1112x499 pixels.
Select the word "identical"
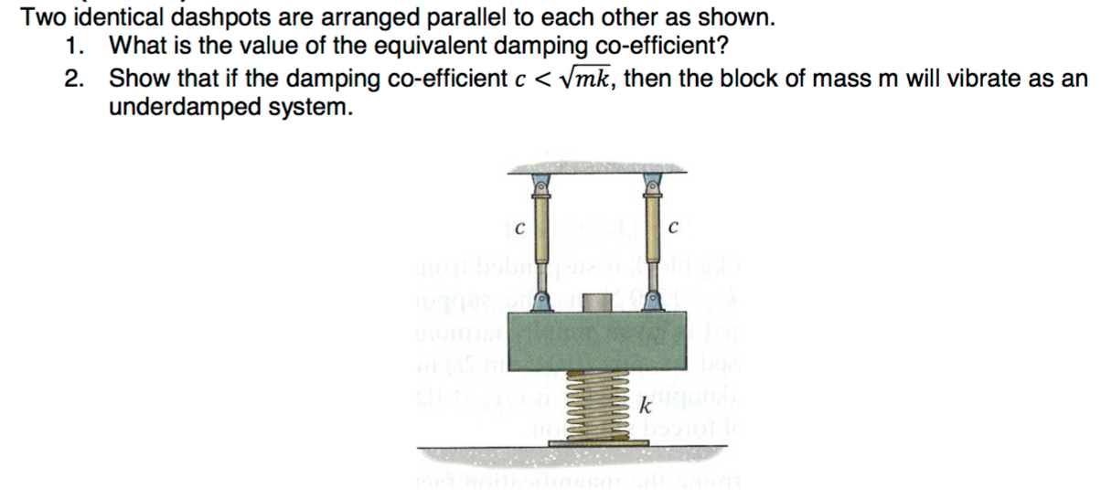101,18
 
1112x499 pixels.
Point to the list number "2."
76,79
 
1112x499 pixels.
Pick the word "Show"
136,79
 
